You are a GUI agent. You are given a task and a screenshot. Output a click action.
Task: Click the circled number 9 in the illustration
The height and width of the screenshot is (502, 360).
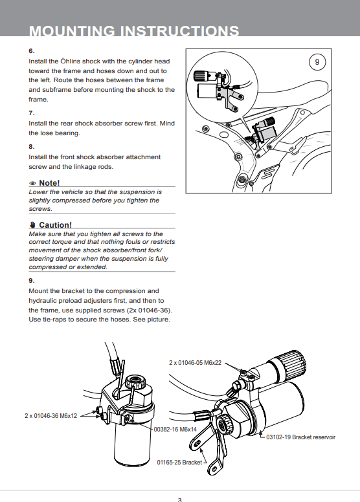[317, 62]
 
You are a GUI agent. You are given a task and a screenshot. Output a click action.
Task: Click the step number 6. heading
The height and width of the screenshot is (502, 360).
[32, 51]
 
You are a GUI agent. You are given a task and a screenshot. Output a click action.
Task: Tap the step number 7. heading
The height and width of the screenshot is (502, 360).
[32, 113]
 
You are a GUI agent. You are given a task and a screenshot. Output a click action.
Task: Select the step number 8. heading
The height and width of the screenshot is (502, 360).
[32, 147]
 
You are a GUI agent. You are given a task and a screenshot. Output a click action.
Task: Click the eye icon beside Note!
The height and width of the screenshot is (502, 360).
[32, 183]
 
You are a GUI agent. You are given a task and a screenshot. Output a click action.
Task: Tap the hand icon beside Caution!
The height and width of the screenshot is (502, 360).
[32, 224]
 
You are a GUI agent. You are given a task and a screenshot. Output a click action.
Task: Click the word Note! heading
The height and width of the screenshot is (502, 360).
[49, 183]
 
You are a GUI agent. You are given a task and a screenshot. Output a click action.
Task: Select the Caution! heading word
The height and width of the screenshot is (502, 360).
[55, 224]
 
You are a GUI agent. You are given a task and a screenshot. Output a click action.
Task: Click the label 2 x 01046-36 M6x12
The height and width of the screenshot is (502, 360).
[51, 416]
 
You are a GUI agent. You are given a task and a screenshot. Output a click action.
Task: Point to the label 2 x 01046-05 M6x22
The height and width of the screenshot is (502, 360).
[196, 363]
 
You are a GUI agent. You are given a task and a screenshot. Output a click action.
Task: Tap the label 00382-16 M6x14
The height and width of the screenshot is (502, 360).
[175, 430]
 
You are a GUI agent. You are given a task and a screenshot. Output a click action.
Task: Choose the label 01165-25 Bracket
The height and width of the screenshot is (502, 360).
[179, 463]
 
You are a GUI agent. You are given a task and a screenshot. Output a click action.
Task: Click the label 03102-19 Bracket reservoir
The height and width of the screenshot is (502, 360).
[300, 437]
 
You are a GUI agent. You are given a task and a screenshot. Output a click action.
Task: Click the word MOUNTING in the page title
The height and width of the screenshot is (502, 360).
[72, 31]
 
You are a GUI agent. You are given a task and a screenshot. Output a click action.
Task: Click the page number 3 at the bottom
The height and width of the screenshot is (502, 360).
[180, 499]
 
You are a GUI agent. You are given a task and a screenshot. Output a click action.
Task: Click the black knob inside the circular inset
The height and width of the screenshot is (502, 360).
[201, 76]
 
